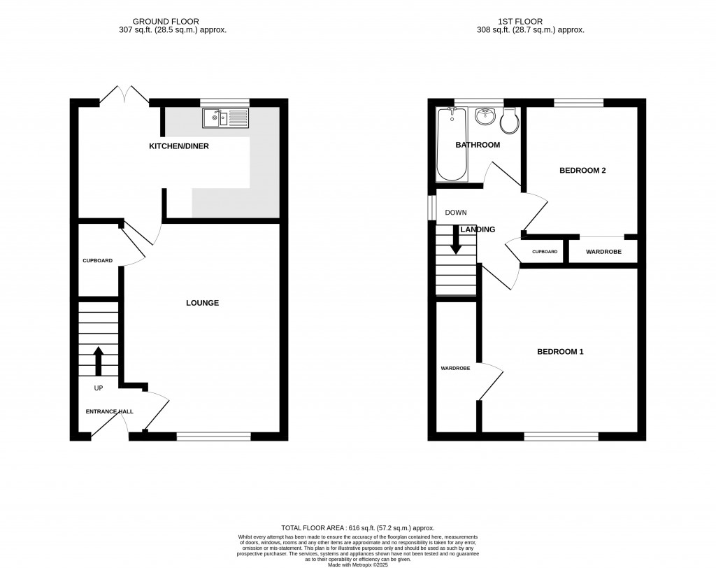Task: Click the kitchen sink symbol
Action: [x=225, y=118]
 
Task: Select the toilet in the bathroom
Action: [x=510, y=122]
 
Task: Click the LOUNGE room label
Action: [x=202, y=303]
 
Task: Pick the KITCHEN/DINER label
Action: [x=179, y=146]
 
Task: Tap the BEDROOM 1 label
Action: [x=560, y=352]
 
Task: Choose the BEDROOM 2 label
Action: [x=582, y=170]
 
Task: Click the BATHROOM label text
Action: [x=478, y=145]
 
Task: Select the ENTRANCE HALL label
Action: [x=110, y=411]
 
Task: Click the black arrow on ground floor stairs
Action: [x=98, y=360]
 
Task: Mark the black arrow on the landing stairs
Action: [x=456, y=241]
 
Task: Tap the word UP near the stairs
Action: [x=99, y=388]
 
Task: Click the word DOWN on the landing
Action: [x=456, y=213]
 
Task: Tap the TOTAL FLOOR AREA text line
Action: [x=357, y=528]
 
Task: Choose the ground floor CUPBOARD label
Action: [x=98, y=260]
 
